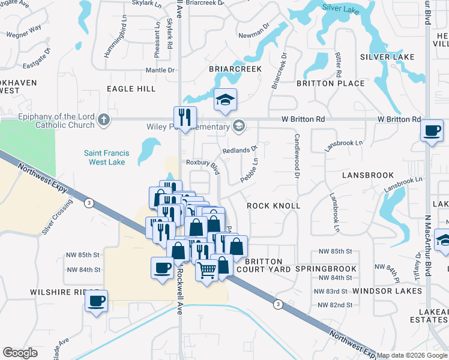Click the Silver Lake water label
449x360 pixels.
(340, 8)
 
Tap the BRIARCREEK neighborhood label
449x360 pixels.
(235, 70)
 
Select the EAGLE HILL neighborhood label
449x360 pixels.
(131, 89)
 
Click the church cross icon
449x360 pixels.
(104, 119)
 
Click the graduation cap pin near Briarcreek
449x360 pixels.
(225, 99)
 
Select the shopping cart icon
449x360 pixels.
(206, 271)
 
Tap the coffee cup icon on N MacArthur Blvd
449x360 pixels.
(431, 130)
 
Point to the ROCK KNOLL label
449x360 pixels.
(274, 206)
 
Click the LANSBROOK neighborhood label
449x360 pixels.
(368, 175)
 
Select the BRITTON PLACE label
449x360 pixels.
(331, 83)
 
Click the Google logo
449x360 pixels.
(20, 353)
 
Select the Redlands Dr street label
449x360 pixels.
(240, 150)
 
